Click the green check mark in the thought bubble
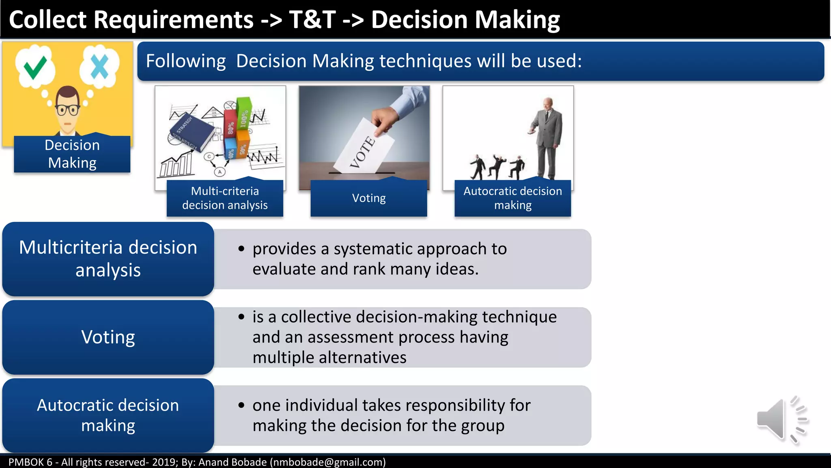tap(35, 67)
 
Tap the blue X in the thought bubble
tap(99, 66)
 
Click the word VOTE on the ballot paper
tap(362, 152)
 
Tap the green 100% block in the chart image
tap(244, 114)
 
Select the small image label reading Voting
tap(368, 198)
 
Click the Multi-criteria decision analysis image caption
tap(225, 198)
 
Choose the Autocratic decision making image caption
tap(512, 198)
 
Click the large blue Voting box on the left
tap(108, 337)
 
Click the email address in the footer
tap(328, 462)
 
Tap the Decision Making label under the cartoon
tap(72, 154)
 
